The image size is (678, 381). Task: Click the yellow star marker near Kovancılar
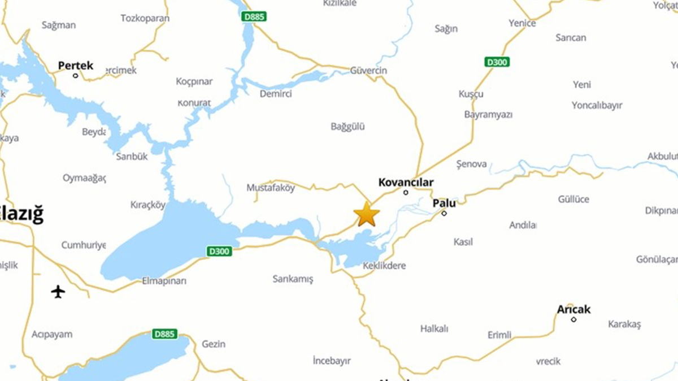[x=367, y=215]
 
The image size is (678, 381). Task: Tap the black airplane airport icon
[x=58, y=292]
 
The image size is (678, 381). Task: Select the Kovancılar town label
[x=406, y=182]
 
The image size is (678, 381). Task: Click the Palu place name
[x=444, y=202]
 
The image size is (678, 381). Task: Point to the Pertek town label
[x=75, y=66]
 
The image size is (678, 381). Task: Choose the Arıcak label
[x=573, y=309]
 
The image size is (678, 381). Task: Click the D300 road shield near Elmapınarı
[x=219, y=252]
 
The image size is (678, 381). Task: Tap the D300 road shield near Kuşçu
[x=497, y=62]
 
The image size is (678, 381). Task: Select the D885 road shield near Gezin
[x=165, y=334]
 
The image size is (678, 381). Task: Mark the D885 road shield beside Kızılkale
[x=254, y=17]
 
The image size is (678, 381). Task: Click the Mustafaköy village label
[x=271, y=188]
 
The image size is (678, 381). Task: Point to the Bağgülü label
[x=347, y=127]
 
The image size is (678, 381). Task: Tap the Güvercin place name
[x=368, y=71]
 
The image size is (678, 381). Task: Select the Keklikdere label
[x=384, y=266]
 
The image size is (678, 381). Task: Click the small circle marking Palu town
[x=444, y=213]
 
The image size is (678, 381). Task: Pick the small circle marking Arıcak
[x=573, y=319]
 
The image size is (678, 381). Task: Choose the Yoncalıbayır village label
[x=597, y=106]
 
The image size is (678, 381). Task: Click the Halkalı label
[x=434, y=329]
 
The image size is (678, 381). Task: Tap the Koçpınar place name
[x=194, y=81]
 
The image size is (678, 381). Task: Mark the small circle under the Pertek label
[x=75, y=75]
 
